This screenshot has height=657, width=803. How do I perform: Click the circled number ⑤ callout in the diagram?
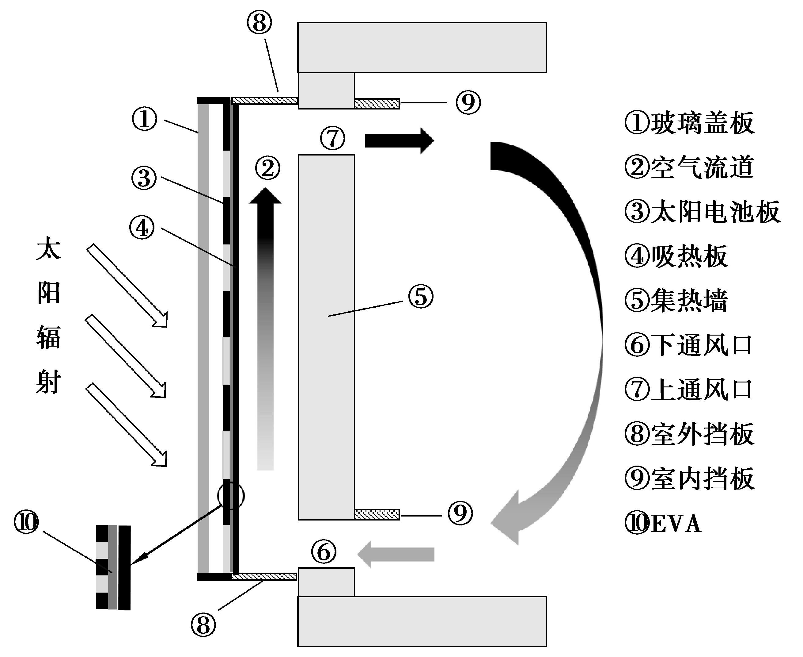420,296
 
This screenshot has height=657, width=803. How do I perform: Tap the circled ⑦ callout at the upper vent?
332,139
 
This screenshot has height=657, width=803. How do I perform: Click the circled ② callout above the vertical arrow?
268,168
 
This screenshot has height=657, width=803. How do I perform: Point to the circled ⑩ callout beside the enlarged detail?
26,523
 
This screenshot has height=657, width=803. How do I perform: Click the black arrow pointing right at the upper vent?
399,140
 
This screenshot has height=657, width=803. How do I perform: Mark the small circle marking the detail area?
231,496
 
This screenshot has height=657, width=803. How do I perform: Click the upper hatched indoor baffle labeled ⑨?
377,103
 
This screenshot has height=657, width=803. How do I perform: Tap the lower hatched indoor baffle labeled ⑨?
377,514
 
